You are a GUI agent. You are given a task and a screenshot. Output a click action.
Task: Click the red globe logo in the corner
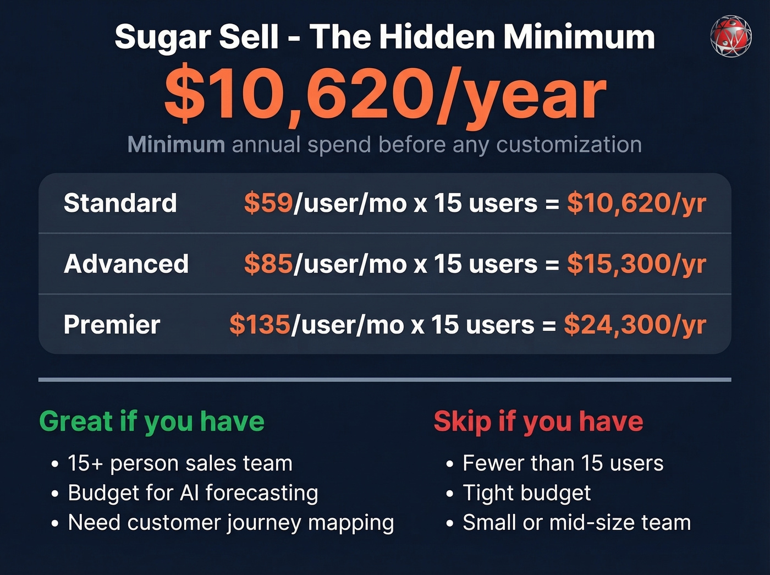(x=730, y=36)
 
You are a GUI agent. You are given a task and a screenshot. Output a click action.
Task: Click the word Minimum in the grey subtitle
(x=176, y=145)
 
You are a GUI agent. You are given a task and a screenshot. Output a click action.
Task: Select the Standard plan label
(x=120, y=203)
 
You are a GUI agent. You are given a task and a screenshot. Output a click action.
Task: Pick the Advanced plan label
(x=127, y=264)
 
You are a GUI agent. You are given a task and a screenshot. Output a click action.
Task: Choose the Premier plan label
(x=112, y=325)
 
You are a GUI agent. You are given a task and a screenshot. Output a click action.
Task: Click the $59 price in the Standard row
(x=268, y=203)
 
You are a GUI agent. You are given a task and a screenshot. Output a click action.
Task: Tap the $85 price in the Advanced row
(x=268, y=264)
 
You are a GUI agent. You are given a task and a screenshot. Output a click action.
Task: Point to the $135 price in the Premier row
(x=260, y=325)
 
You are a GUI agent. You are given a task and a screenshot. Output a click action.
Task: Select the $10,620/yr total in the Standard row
(x=636, y=203)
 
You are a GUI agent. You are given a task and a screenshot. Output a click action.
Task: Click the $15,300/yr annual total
(x=636, y=264)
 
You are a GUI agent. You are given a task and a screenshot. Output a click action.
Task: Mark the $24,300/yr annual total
(x=635, y=325)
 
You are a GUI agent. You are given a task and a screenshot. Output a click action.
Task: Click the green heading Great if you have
(x=152, y=421)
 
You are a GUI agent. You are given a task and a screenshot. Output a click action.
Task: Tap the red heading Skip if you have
(x=538, y=421)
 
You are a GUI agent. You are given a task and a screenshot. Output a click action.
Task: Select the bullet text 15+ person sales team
(x=180, y=463)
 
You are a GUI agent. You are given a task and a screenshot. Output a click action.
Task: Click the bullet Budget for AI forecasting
(x=193, y=493)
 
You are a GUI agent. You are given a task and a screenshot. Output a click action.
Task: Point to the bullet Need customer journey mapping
(x=231, y=523)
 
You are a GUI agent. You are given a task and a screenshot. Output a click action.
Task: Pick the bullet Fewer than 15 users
(x=563, y=463)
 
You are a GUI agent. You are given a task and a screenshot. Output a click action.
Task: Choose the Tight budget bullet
(x=526, y=493)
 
